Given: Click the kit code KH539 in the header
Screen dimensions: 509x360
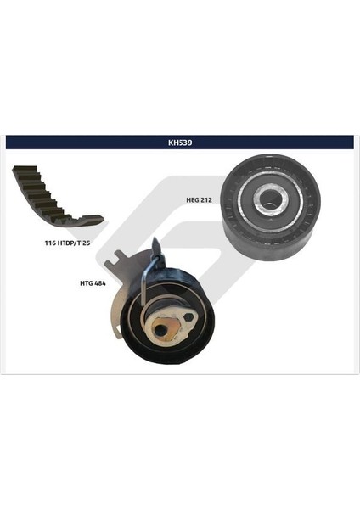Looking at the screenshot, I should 179,143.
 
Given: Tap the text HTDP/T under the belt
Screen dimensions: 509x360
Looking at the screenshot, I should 74,243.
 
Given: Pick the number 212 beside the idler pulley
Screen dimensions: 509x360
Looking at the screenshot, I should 210,200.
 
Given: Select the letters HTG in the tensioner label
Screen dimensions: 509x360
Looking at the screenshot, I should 86,283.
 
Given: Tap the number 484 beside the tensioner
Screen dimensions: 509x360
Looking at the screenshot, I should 101,283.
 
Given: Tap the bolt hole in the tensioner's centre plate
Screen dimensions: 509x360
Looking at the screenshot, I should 160,328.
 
